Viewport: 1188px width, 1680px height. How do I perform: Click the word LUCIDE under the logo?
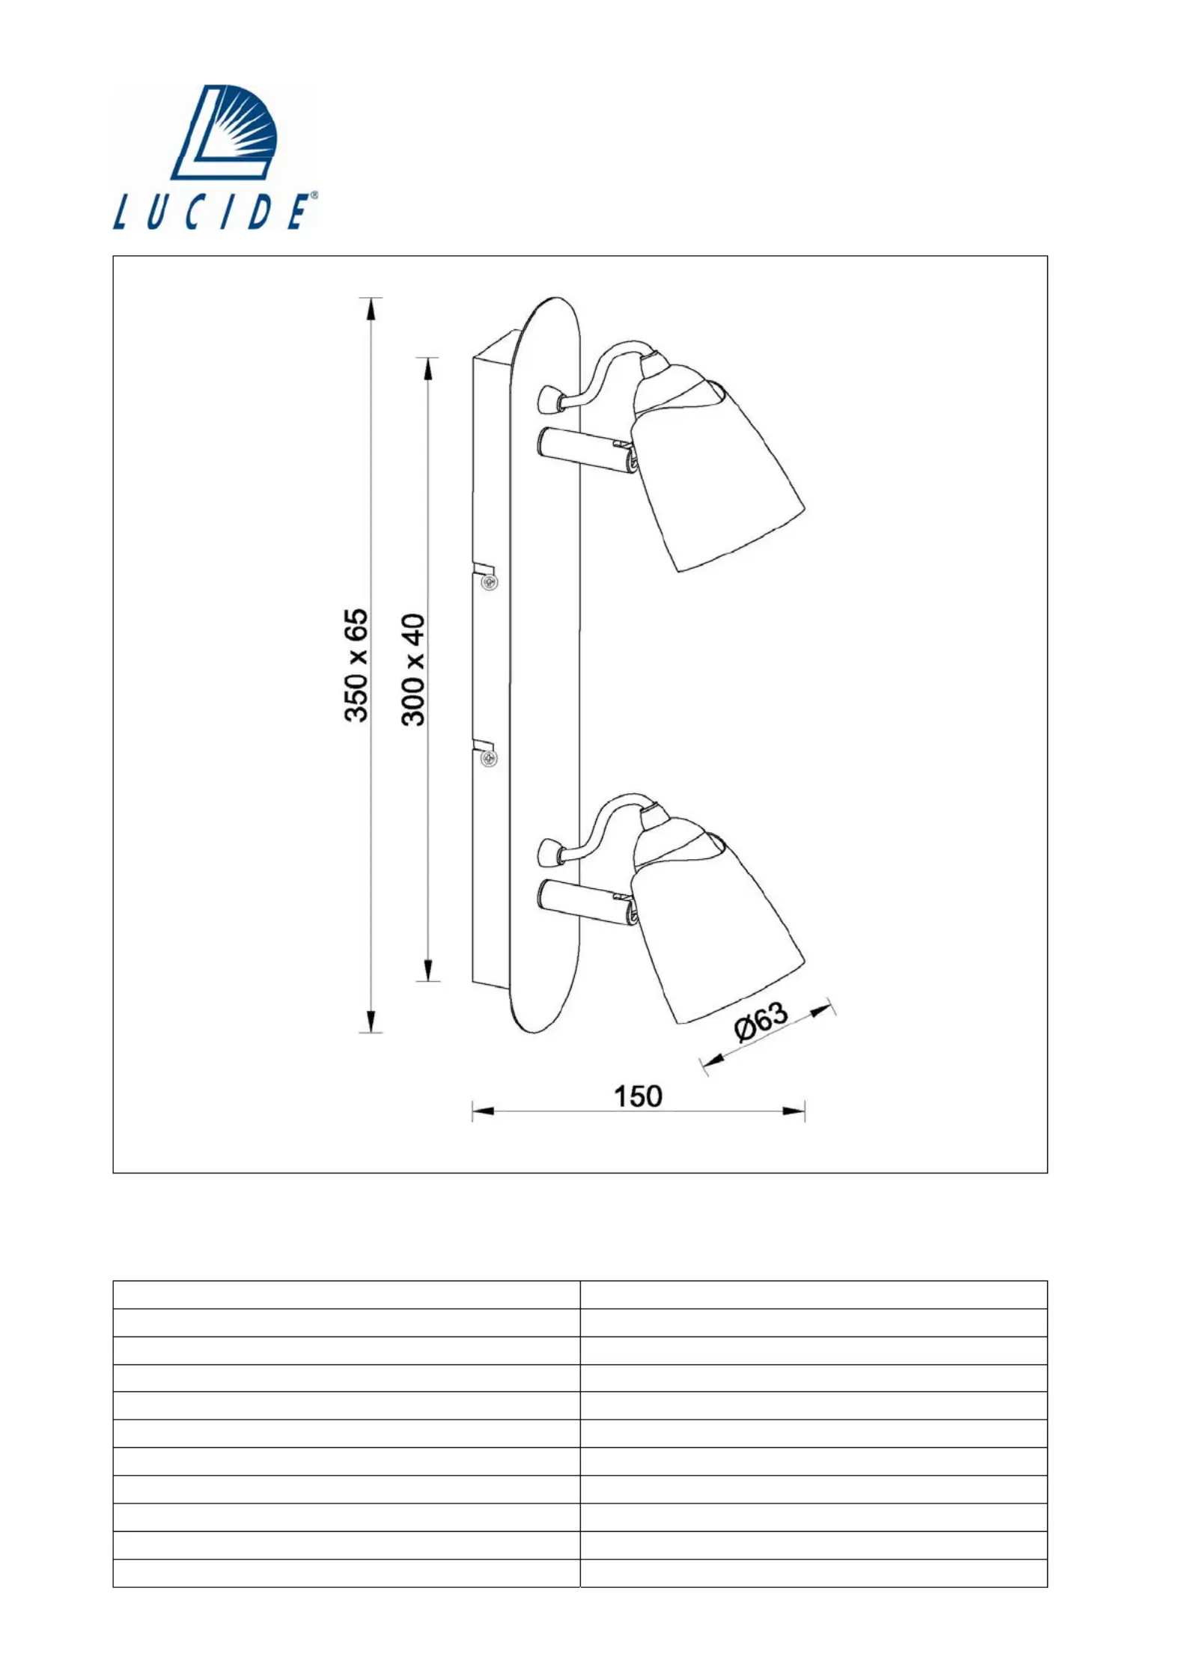click(210, 212)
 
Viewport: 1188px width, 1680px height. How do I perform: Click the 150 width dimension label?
click(638, 1096)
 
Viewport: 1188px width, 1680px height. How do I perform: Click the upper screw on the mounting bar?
click(490, 581)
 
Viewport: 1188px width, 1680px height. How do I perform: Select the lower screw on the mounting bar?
click(490, 759)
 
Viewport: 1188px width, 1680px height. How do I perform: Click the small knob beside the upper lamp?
click(550, 398)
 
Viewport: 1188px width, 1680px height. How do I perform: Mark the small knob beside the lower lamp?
click(550, 851)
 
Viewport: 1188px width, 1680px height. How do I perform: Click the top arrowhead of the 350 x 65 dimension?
click(371, 308)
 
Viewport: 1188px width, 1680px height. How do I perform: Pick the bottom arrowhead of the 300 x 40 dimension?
click(427, 971)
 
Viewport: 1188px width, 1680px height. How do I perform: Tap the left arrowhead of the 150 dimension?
click(482, 1111)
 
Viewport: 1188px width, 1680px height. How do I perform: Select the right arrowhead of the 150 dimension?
click(794, 1111)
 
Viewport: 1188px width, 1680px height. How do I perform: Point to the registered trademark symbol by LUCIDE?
click(314, 195)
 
